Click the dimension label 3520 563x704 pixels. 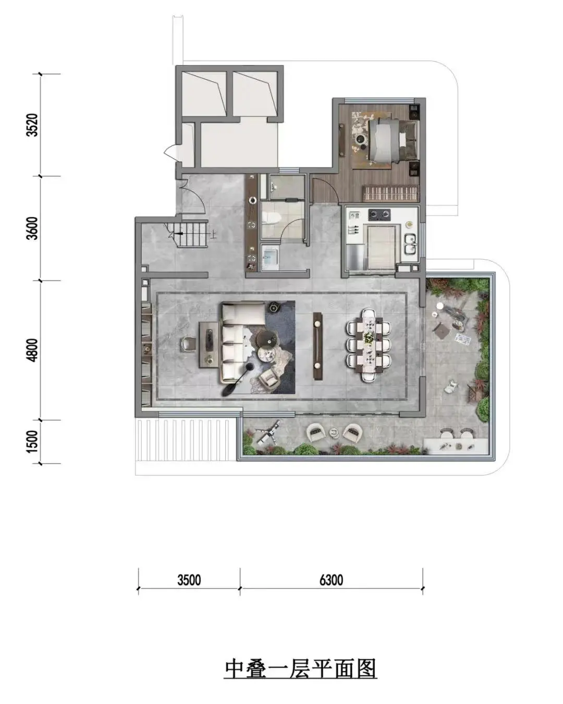[33, 125]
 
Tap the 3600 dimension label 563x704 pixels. [33, 228]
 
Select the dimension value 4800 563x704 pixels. [33, 350]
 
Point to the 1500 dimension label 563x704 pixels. [33, 442]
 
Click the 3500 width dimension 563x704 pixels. [189, 580]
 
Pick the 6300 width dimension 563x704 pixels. [331, 580]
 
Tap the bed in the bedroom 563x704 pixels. [393, 141]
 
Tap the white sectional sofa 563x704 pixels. [239, 342]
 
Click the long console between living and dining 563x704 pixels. [317, 346]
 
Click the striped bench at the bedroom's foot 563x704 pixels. [391, 193]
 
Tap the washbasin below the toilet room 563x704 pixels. [270, 257]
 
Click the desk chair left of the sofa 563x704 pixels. [188, 344]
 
